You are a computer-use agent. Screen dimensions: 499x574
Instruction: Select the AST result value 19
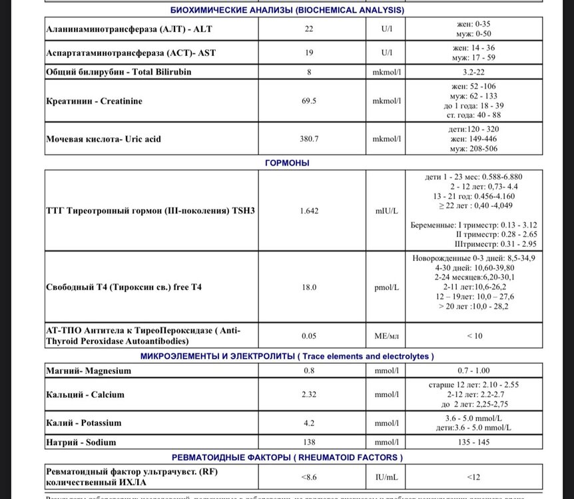(x=309, y=52)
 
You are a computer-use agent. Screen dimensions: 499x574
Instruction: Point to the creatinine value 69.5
(x=309, y=101)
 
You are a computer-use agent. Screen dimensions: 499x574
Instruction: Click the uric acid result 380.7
(x=309, y=139)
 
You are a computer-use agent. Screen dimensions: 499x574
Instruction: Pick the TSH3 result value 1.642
(x=309, y=210)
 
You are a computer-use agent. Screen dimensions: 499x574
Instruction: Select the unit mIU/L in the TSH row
(x=386, y=210)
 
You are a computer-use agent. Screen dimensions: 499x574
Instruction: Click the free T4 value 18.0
(x=309, y=287)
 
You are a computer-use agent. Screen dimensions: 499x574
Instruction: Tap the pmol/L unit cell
(x=386, y=287)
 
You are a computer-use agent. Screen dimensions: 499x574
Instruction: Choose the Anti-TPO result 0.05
(x=309, y=336)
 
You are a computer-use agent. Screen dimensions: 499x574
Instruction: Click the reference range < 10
(x=474, y=336)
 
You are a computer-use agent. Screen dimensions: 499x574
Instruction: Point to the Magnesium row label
(x=89, y=371)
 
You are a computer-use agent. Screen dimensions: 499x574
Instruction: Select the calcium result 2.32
(x=309, y=395)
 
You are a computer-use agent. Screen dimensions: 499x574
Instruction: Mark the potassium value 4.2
(x=309, y=422)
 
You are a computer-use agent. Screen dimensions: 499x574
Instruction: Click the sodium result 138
(x=309, y=442)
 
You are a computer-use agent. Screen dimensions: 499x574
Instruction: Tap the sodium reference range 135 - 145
(x=474, y=442)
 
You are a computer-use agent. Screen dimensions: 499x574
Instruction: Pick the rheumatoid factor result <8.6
(x=309, y=476)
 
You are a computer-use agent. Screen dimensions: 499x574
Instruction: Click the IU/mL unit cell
(x=386, y=476)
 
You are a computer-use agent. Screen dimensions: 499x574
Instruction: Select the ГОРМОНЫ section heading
(x=286, y=162)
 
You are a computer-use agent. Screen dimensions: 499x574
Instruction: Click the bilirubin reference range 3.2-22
(x=474, y=72)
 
